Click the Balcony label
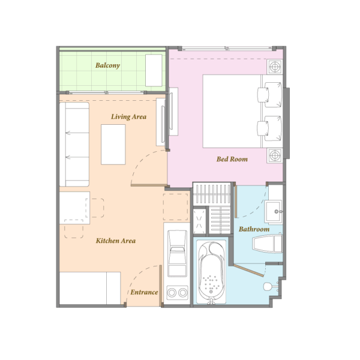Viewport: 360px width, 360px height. pos(107,65)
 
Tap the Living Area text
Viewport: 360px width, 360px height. pos(128,116)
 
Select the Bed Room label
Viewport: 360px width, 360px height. pos(232,159)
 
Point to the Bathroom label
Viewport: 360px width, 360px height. pos(254,229)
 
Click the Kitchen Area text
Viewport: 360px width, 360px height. pos(116,241)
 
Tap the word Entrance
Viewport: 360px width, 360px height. pos(144,292)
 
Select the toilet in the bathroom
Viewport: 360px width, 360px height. pos(267,243)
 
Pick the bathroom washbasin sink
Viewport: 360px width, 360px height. pos(273,212)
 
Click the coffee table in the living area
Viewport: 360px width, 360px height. pos(113,145)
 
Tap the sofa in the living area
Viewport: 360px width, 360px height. pos(74,144)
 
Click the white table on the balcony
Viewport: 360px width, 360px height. pos(154,70)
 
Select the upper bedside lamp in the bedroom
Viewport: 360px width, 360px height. pos(275,67)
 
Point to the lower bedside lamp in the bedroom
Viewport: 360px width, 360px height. pos(275,155)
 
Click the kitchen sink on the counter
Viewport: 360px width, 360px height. pos(177,253)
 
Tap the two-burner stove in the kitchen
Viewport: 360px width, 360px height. pos(177,293)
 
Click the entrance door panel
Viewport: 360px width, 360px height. pos(160,286)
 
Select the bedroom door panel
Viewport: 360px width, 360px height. pos(149,185)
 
